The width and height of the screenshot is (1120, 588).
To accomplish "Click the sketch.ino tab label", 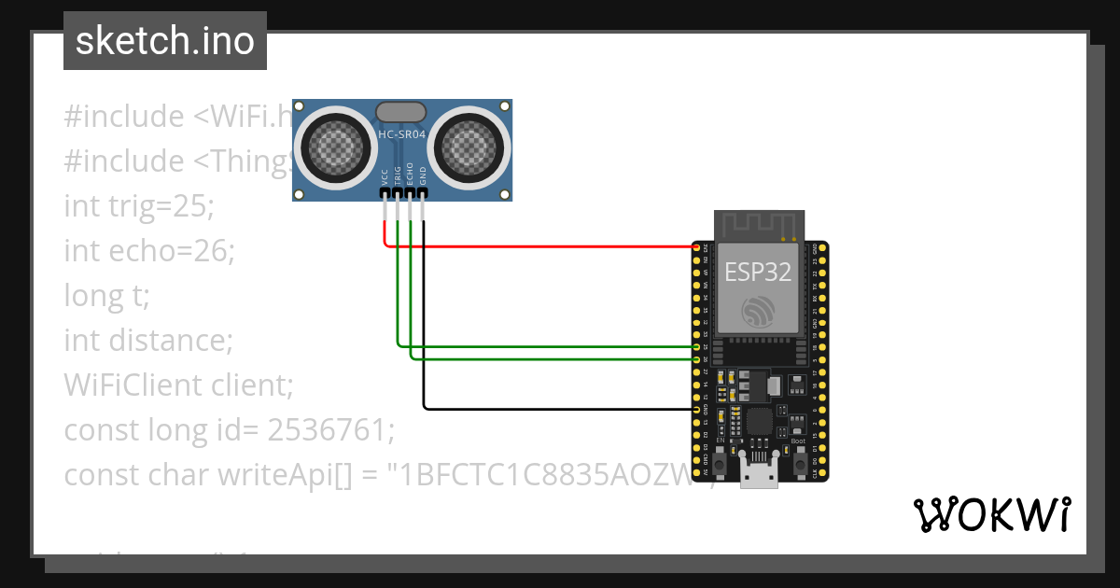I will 164,41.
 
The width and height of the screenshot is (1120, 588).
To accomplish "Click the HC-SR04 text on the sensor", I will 402,135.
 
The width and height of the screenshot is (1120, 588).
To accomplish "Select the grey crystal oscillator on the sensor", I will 402,112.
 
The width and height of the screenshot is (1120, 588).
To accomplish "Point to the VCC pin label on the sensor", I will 385,176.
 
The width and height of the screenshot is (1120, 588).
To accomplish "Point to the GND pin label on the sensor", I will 423,176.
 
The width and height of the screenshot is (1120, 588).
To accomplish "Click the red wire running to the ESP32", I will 541,247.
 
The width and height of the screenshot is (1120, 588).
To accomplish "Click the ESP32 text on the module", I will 759,273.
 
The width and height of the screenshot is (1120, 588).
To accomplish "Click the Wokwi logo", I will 991,514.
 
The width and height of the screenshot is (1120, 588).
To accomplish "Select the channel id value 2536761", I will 328,430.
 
